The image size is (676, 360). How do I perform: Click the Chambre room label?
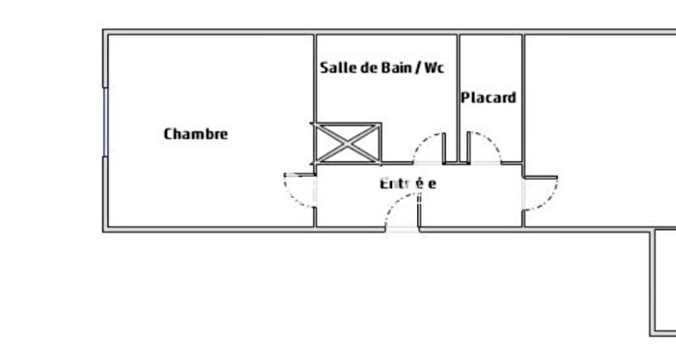[x=195, y=134]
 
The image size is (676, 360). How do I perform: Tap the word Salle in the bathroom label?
[x=337, y=69]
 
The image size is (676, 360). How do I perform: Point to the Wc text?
[x=434, y=69]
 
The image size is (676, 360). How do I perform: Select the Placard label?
[x=488, y=97]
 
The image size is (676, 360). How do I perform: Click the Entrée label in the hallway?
[x=408, y=183]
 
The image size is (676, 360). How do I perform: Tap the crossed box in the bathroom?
[x=345, y=143]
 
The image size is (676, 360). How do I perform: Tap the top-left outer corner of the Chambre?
[x=104, y=32]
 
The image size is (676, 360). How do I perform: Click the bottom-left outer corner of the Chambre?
[x=104, y=230]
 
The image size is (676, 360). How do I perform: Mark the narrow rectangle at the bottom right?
[x=663, y=281]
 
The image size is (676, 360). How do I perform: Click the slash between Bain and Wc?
[x=418, y=69]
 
